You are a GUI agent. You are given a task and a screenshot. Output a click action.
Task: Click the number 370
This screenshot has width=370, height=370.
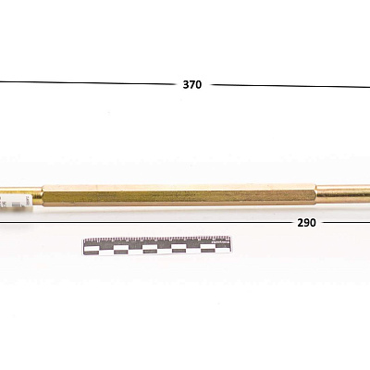point(192,84)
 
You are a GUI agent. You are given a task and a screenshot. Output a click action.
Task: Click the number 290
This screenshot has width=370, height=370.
point(306,223)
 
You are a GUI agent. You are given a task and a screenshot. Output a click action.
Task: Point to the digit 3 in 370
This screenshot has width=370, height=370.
point(186,84)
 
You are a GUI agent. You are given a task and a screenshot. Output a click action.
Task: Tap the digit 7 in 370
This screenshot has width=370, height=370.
point(192,84)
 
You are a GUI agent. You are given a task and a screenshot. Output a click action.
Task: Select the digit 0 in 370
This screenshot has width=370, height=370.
point(199,84)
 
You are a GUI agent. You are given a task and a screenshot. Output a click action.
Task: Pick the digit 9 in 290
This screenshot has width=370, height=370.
point(306,223)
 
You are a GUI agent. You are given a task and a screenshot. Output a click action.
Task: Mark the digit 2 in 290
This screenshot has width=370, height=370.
point(301,223)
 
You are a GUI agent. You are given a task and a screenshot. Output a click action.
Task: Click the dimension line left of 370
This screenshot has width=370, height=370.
point(87,82)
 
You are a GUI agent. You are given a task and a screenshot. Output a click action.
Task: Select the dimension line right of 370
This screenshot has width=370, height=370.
point(290,86)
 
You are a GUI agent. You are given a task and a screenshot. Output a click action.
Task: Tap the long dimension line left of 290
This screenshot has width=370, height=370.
point(145,222)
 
